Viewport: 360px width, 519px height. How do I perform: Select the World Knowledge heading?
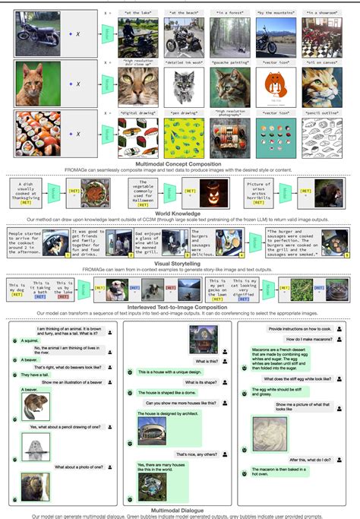(181, 213)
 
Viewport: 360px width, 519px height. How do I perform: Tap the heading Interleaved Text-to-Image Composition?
(181, 305)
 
